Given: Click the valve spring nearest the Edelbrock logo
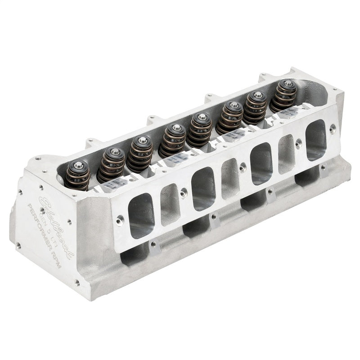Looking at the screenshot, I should coord(77,175).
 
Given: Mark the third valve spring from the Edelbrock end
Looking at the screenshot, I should coord(140,153).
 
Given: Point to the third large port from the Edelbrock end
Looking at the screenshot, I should coord(261,163).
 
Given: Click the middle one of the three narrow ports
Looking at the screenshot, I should coord(230,178).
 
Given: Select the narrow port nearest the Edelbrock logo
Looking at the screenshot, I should coord(171,203).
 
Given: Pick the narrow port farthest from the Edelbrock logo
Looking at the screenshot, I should coord(286,153).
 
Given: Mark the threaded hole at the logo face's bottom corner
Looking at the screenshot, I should coord(77,283).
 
